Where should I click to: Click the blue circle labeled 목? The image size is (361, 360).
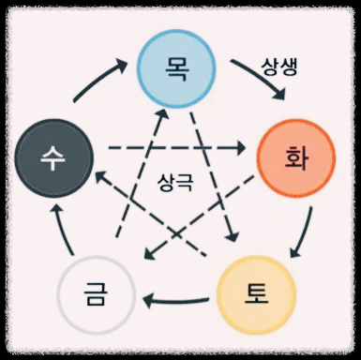176,68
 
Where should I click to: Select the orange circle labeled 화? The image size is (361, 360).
296,158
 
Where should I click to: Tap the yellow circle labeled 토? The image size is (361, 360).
256,295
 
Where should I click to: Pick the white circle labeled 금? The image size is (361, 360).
97,295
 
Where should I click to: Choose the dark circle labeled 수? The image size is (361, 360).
54,158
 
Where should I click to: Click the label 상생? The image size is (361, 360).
279,67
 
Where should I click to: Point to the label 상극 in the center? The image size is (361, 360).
175,182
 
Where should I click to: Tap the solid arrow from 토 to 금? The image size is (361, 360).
175,302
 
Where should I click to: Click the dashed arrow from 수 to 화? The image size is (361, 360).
176,147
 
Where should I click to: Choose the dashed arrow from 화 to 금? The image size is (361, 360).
200,217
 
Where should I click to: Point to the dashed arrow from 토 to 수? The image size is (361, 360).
151,214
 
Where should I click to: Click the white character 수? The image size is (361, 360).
53,158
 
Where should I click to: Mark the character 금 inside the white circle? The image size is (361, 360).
96,295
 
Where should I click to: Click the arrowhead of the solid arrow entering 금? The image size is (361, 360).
148,302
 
